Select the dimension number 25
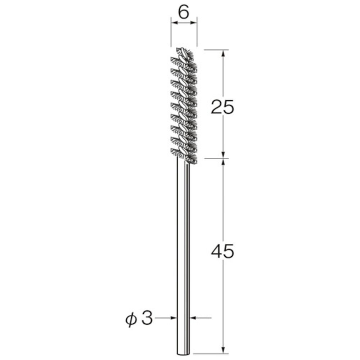pos(222,107)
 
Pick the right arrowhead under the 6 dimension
pos(194,22)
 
